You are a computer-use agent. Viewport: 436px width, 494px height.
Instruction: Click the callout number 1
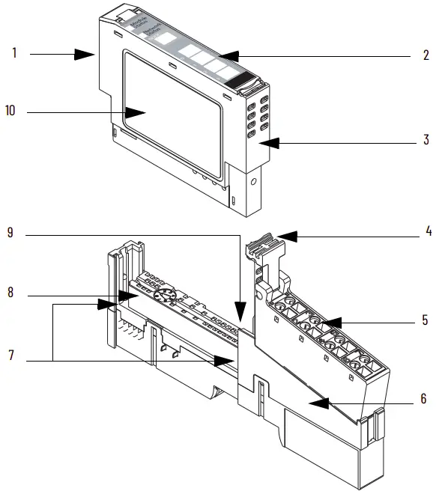click(13, 54)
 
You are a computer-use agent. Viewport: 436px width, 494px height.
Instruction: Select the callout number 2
click(426, 55)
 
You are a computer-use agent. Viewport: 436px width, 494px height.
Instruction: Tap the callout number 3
click(426, 140)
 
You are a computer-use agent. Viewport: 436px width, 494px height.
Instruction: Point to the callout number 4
click(428, 232)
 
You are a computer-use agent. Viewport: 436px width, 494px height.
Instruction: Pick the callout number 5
click(425, 320)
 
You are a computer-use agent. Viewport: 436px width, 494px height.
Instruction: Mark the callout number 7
click(10, 354)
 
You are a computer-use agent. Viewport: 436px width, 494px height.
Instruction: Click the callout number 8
click(11, 293)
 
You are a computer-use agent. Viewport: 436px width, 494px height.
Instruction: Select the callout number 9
click(10, 233)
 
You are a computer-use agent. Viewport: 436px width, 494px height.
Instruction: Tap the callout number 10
click(10, 112)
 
